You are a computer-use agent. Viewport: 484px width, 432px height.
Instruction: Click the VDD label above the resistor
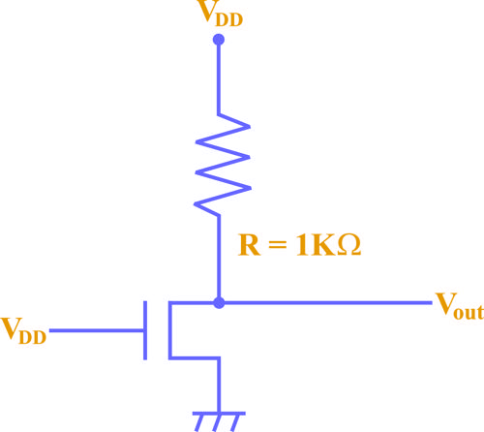(221, 14)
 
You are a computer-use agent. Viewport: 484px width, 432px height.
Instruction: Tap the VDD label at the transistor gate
(24, 330)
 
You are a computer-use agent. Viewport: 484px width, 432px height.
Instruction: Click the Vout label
(459, 306)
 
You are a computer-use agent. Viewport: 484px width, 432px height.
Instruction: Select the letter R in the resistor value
(249, 245)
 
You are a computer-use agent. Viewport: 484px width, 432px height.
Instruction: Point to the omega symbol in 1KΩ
(348, 245)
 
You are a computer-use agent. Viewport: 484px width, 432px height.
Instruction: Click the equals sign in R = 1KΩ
(277, 245)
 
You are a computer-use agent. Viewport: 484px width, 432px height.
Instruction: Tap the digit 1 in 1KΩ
(302, 245)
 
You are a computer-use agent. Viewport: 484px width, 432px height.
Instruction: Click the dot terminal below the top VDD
(219, 40)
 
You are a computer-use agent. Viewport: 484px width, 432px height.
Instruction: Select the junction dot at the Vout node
(219, 303)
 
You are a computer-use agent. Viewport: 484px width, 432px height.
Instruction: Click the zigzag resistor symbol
(222, 165)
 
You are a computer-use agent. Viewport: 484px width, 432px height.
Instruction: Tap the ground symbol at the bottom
(219, 421)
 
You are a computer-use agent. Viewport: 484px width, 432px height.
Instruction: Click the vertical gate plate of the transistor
(145, 330)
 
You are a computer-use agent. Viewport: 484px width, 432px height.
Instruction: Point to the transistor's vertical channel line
(170, 330)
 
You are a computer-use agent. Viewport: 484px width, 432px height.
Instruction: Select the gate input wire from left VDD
(97, 330)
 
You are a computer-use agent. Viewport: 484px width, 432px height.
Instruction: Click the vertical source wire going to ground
(219, 385)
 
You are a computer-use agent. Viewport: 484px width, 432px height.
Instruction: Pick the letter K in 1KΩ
(323, 245)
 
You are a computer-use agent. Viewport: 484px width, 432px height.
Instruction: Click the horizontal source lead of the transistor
(195, 357)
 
